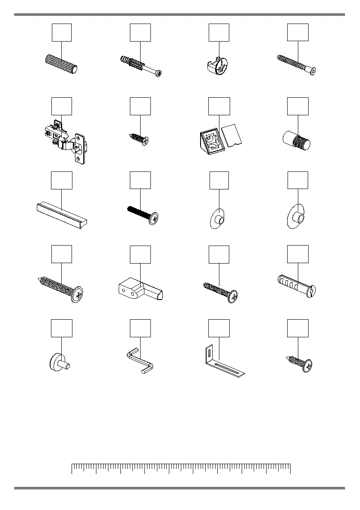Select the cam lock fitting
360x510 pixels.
pyautogui.click(x=219, y=66)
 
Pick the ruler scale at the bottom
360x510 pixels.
pyautogui.click(x=181, y=468)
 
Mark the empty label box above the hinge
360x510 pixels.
pyautogui.click(x=62, y=107)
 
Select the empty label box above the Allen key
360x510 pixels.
pyautogui.click(x=140, y=328)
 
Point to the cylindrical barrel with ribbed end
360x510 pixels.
pyautogui.click(x=297, y=140)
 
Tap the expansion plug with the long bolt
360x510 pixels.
pyautogui.click(x=141, y=66)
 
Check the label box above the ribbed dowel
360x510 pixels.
pyautogui.click(x=62, y=33)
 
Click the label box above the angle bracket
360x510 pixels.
pyautogui.click(x=219, y=328)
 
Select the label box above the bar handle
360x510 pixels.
pyautogui.click(x=62, y=180)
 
